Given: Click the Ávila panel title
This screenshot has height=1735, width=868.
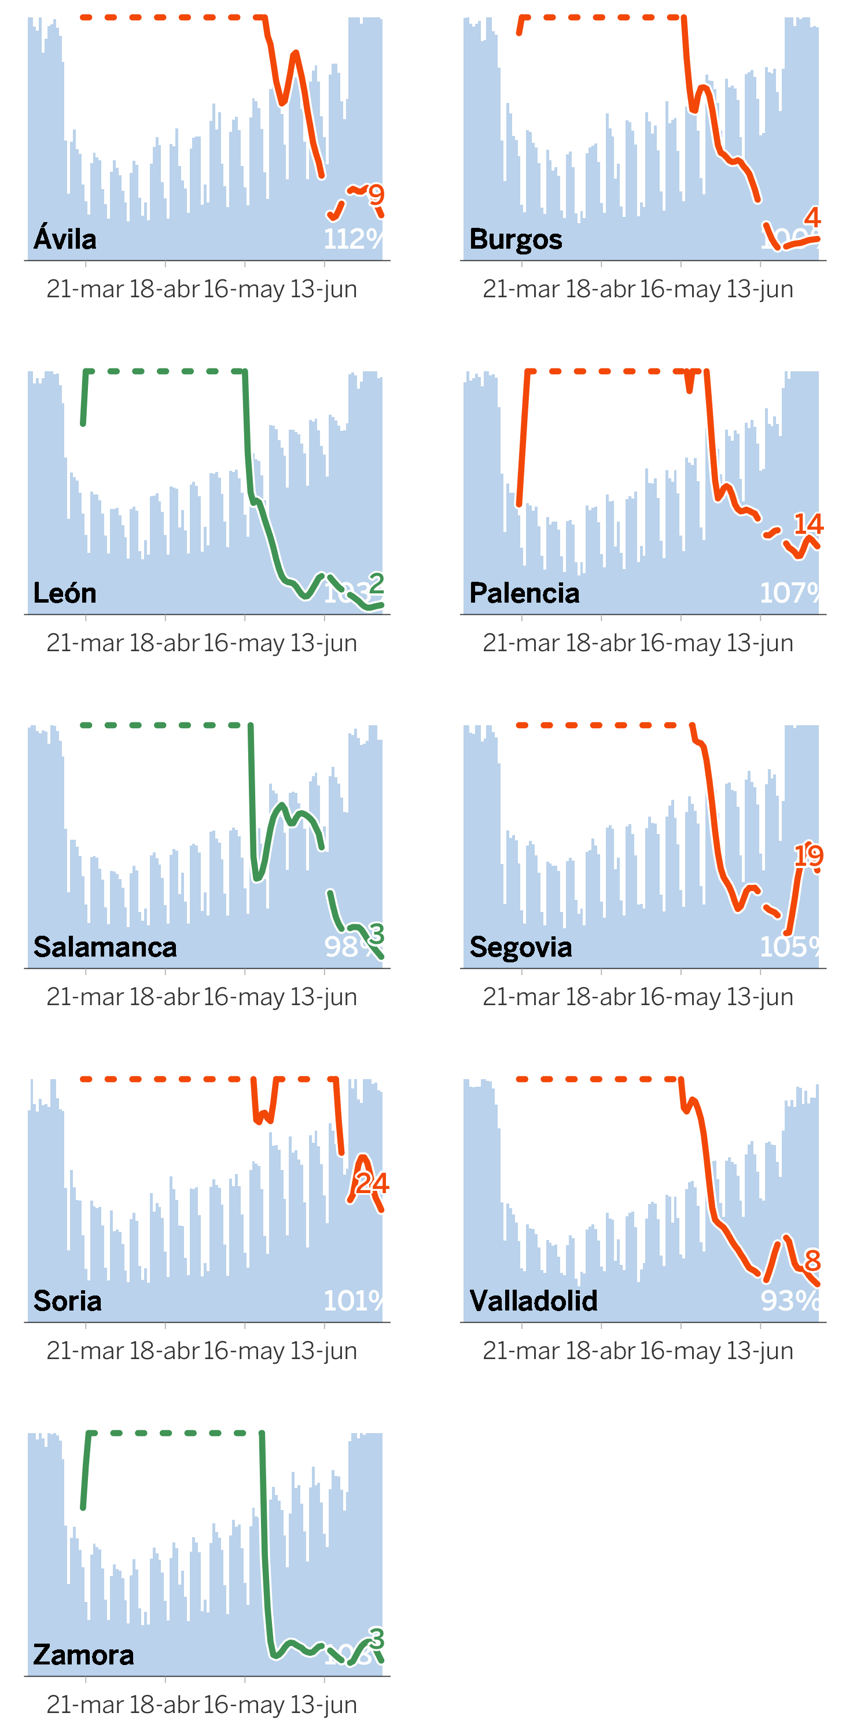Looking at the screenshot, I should coord(65,239).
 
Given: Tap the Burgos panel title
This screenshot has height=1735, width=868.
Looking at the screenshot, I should coord(516,239).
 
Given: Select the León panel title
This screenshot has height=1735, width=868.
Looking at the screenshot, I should coord(65,593).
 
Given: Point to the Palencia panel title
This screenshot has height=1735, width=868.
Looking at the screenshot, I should coord(524,593).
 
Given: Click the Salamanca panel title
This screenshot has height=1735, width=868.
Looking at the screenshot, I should coord(105,946).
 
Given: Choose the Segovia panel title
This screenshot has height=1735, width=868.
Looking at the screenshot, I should coord(520,946).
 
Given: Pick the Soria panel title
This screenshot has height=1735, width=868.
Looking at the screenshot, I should coord(67,1300).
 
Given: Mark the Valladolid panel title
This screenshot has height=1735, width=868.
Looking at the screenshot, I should coord(533,1300).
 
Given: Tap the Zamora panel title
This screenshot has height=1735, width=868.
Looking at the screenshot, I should coord(83,1654).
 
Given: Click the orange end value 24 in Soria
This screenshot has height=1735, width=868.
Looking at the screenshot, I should coord(372,1183).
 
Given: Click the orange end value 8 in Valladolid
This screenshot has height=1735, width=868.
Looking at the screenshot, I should coord(813,1260).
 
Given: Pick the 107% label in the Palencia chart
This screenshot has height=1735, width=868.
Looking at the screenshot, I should coord(789,593).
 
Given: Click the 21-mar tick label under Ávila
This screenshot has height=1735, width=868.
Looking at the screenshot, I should coord(85,289).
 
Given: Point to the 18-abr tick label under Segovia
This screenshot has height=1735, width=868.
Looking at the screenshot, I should coord(601,997).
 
